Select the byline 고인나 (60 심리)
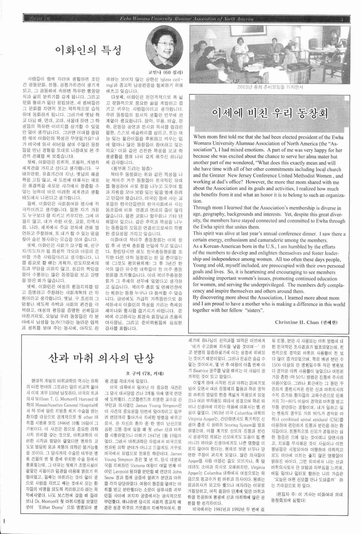pos(165,72)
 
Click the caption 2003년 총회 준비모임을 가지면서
pos(270,87)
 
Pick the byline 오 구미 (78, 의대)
pos(145,374)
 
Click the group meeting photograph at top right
pos(270,54)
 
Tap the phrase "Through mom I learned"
pos(218,208)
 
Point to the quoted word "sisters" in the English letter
pos(255,310)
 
